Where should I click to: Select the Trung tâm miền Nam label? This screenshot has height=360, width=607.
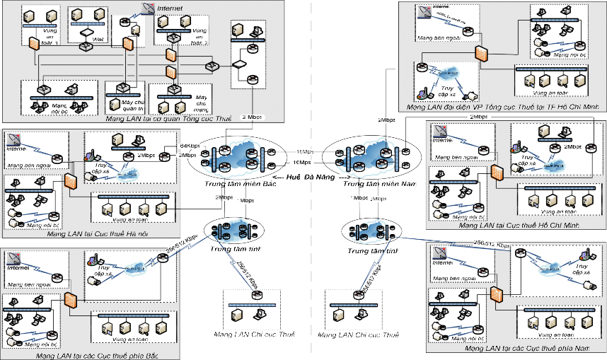click(x=368, y=185)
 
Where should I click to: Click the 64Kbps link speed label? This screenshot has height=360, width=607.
click(x=189, y=146)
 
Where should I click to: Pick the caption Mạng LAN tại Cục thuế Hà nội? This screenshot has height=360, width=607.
click(x=91, y=233)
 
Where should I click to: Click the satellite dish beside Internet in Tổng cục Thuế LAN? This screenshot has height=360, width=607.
click(x=147, y=8)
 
